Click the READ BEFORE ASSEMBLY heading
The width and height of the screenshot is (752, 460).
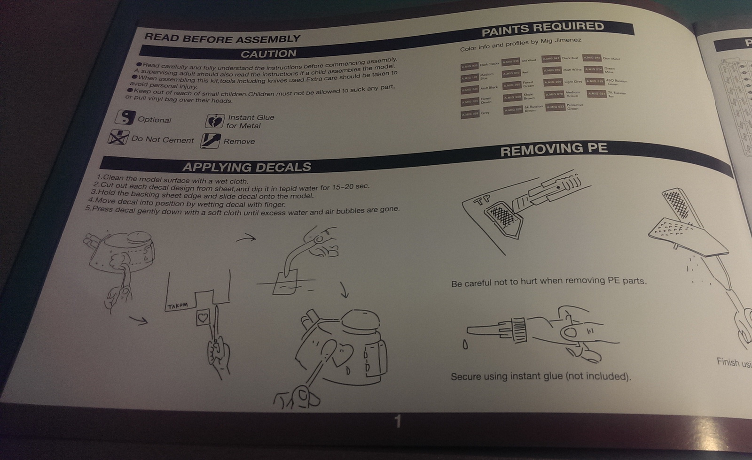[222, 38]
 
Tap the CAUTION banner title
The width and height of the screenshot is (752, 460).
[268, 54]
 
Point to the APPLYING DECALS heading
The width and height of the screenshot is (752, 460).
[247, 167]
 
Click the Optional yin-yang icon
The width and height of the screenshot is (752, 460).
[125, 118]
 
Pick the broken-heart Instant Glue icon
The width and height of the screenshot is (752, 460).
[214, 121]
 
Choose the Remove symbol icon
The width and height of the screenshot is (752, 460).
[210, 141]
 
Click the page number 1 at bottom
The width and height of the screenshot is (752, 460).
[398, 422]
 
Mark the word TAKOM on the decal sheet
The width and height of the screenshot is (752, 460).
[178, 306]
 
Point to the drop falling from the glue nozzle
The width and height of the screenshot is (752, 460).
[465, 345]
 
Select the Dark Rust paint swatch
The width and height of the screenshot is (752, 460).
[550, 59]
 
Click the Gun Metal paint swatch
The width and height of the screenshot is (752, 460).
[592, 58]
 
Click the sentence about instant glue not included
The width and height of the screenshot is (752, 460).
[540, 376]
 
